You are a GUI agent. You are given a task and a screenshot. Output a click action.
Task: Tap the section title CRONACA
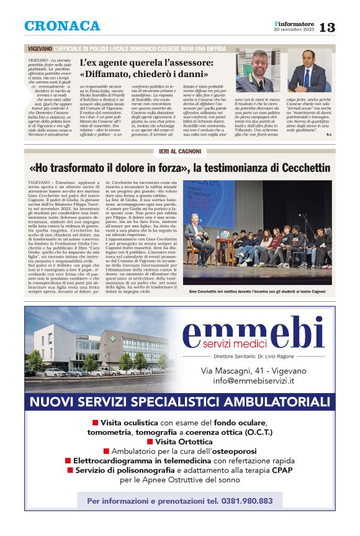coord(62,26)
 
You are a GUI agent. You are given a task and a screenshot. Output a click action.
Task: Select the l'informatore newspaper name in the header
coord(295,23)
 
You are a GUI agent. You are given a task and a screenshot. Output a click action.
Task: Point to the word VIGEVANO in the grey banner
coord(40,48)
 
